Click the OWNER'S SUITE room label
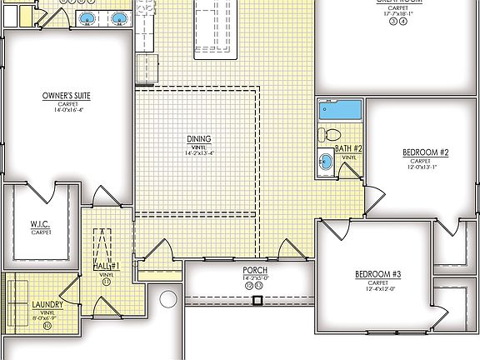click(66, 96)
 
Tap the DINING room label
click(199, 139)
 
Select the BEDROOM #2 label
click(426, 152)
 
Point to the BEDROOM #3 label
click(377, 274)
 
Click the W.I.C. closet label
click(41, 223)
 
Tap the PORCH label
click(254, 271)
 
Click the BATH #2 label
click(348, 148)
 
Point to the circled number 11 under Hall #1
click(107, 282)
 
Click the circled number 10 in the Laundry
click(47, 325)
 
